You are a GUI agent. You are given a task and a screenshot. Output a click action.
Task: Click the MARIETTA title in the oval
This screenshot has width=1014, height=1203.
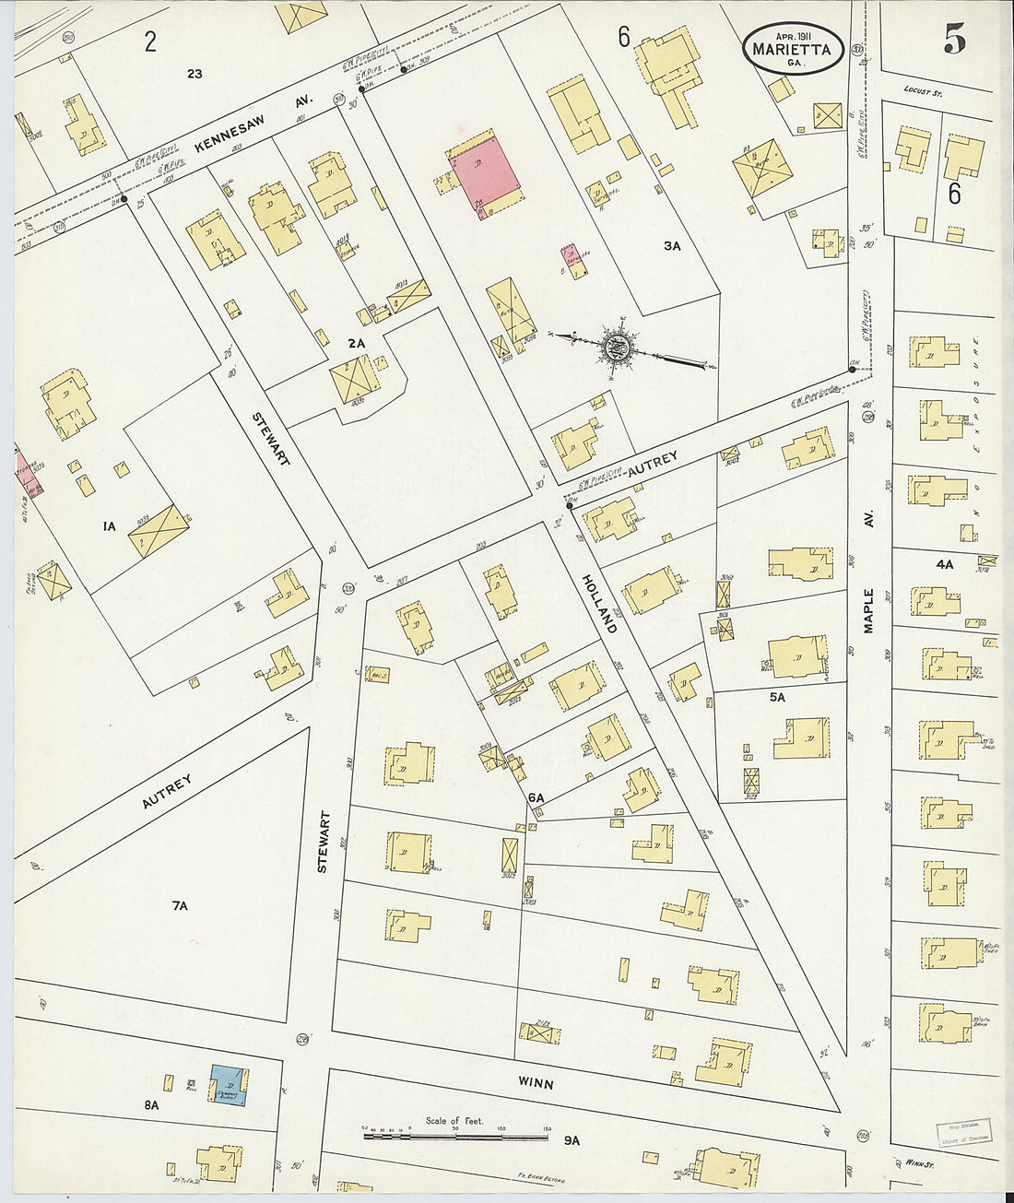tap(792, 49)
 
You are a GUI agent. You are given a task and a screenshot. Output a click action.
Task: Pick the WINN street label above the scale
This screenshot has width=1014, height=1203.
tap(535, 1084)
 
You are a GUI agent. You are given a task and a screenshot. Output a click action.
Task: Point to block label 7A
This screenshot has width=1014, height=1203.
tap(179, 906)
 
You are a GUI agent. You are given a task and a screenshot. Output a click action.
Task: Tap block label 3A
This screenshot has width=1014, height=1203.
tap(671, 246)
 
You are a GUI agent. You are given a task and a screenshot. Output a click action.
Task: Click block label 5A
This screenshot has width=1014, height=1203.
tap(777, 697)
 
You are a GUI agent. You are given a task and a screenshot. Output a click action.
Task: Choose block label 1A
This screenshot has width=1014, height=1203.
tap(109, 526)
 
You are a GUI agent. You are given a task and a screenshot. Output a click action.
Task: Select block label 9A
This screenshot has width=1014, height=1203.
tap(572, 1140)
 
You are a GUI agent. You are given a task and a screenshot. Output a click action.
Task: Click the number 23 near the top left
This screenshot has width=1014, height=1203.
tap(194, 74)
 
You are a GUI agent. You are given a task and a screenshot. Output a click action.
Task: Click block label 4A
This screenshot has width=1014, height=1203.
tap(944, 563)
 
